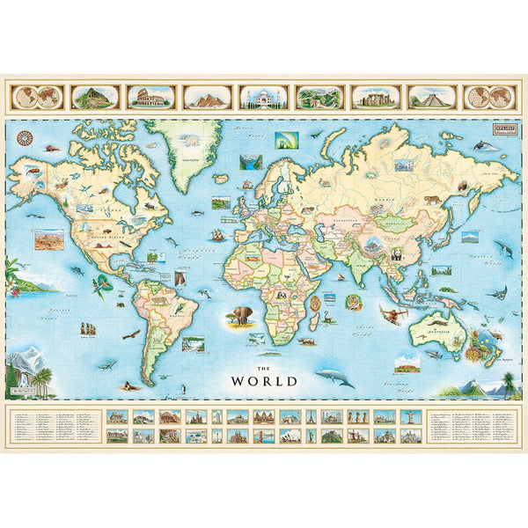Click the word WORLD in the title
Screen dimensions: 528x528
[264, 381]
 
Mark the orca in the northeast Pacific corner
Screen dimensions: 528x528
[482, 144]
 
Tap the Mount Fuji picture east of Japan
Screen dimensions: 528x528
[470, 235]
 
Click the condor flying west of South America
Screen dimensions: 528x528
[132, 334]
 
